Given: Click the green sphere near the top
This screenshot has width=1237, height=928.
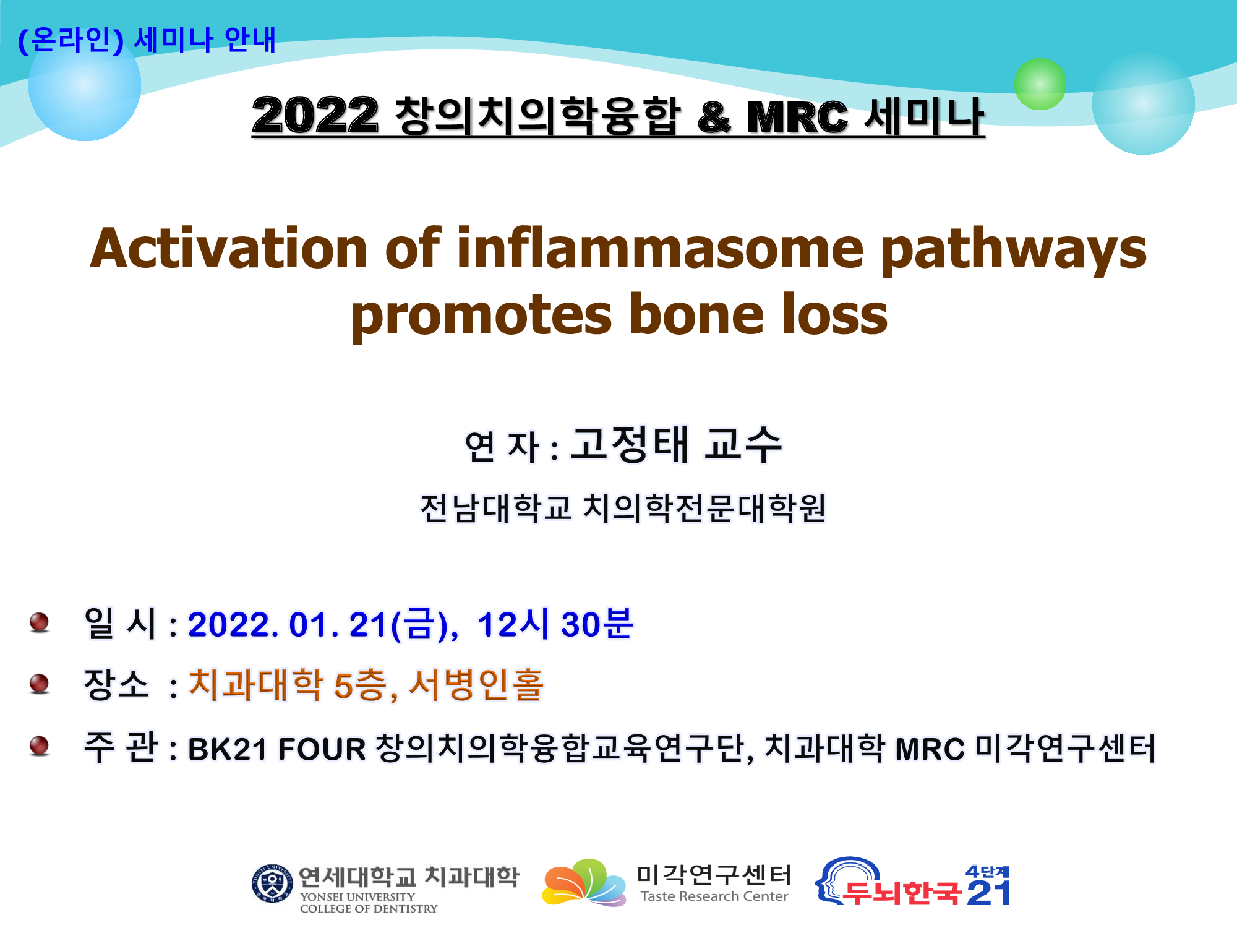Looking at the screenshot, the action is click(x=1040, y=84).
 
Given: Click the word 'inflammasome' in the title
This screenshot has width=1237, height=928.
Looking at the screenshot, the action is click(x=660, y=248).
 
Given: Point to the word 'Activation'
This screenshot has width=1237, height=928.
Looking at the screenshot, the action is click(x=229, y=248).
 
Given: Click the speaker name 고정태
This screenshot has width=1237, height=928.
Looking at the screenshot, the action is click(x=629, y=444).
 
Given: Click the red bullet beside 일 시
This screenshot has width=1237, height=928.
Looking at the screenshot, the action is click(x=39, y=622).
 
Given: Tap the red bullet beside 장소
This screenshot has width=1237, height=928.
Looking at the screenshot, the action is click(x=39, y=684).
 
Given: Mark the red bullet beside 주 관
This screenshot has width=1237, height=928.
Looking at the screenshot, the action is click(x=39, y=745).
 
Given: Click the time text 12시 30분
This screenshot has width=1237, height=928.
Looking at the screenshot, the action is click(x=555, y=624).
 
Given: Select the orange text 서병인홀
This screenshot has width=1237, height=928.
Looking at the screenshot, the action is click(x=476, y=685).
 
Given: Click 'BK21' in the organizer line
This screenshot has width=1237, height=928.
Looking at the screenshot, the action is click(x=227, y=749).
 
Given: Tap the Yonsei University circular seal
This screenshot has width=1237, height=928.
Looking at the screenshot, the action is click(x=272, y=883).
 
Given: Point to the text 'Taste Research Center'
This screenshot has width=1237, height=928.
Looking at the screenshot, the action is click(x=714, y=896).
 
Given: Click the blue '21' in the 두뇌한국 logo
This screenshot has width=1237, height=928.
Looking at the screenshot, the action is click(x=988, y=893).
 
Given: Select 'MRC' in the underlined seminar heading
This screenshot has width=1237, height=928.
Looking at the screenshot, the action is click(x=798, y=117).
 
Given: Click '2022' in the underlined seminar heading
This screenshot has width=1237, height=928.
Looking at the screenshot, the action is click(x=315, y=116).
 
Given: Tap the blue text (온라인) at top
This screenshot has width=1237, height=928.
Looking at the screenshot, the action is click(x=71, y=40).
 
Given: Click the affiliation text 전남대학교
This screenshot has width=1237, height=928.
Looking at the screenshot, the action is click(x=496, y=509).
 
